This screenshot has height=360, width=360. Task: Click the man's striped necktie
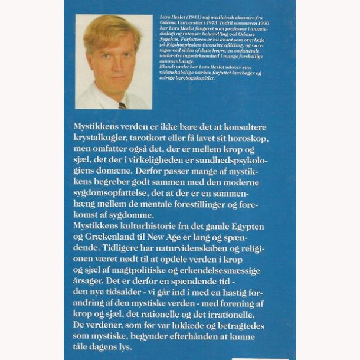tap(122, 106)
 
